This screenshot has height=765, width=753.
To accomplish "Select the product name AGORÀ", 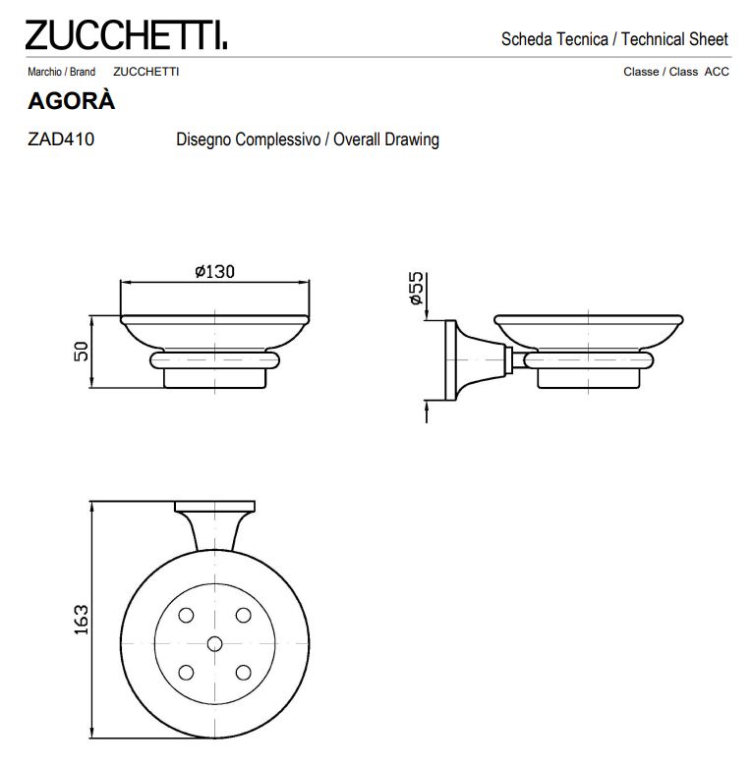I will pyautogui.click(x=71, y=101).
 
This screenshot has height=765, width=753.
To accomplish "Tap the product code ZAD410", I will pyautogui.click(x=62, y=139).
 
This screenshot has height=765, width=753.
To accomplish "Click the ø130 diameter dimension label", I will pyautogui.click(x=215, y=272).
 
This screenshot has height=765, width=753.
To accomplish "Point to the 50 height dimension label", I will pyautogui.click(x=82, y=351).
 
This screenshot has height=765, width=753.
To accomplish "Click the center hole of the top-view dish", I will pyautogui.click(x=215, y=643).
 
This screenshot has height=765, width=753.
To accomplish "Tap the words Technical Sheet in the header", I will pyautogui.click(x=674, y=39).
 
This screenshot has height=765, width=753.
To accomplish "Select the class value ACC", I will pyautogui.click(x=717, y=72).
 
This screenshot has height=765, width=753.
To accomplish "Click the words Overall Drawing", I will pyautogui.click(x=385, y=139).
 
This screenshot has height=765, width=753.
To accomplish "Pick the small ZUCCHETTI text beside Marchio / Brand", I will pyautogui.click(x=145, y=72).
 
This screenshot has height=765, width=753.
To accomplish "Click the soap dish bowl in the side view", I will pyautogui.click(x=588, y=332).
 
